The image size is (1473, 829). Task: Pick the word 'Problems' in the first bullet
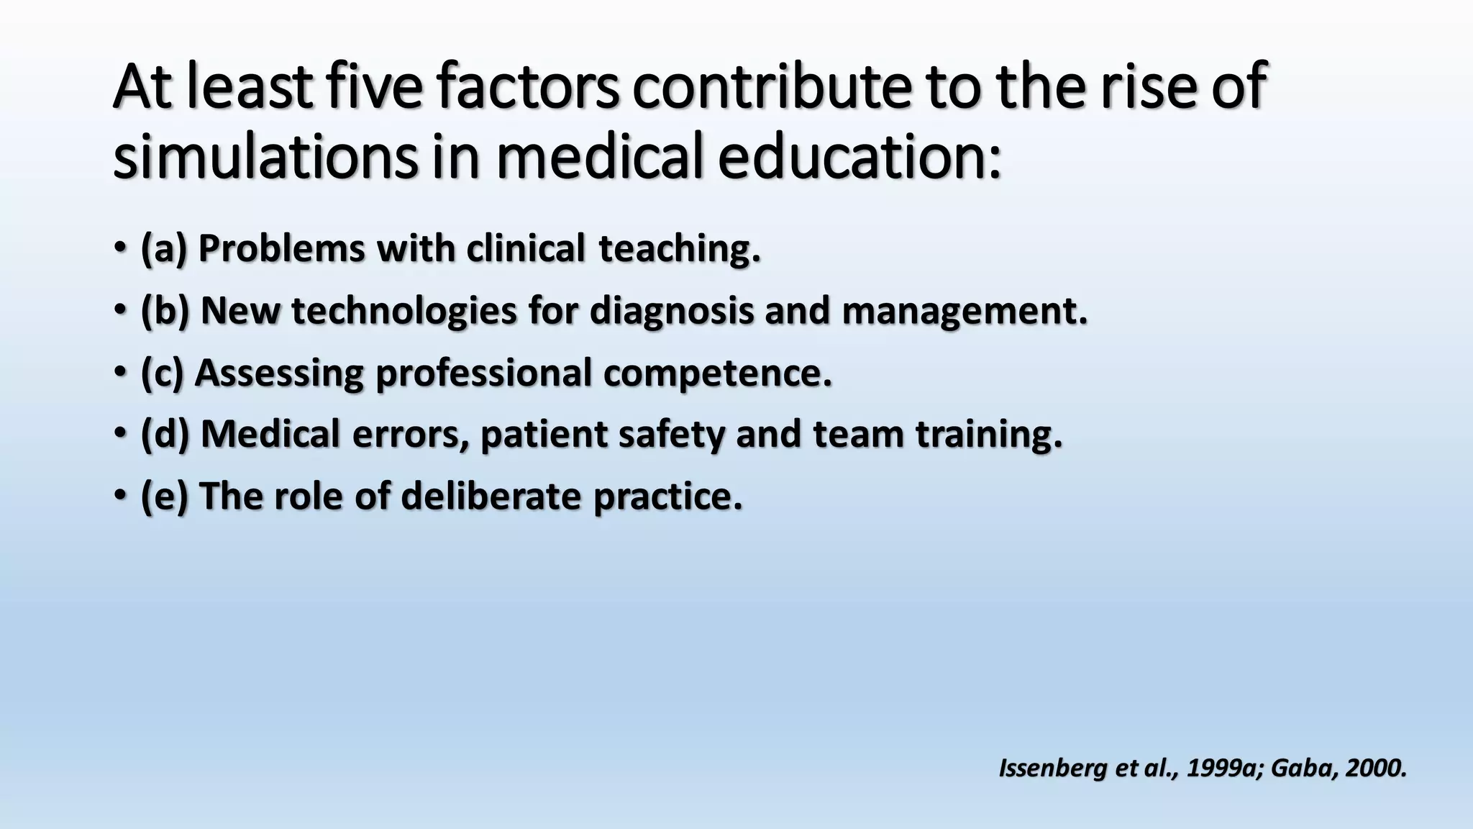(281, 249)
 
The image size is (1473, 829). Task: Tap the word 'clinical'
(526, 249)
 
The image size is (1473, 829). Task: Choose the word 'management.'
(964, 311)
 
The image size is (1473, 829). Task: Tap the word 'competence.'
(717, 373)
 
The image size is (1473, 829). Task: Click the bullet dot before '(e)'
(119, 496)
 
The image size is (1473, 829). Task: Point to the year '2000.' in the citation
(1375, 769)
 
